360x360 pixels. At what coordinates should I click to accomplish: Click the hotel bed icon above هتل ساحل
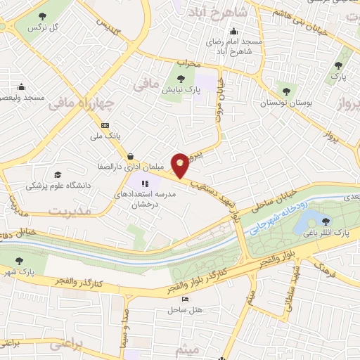185,300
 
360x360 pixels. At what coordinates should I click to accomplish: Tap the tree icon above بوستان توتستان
285,91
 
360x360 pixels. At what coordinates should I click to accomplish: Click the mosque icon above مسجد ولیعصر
22,86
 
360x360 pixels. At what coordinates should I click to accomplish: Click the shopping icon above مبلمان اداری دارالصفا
130,155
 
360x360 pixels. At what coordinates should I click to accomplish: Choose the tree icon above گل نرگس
43,15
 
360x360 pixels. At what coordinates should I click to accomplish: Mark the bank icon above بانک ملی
105,125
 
